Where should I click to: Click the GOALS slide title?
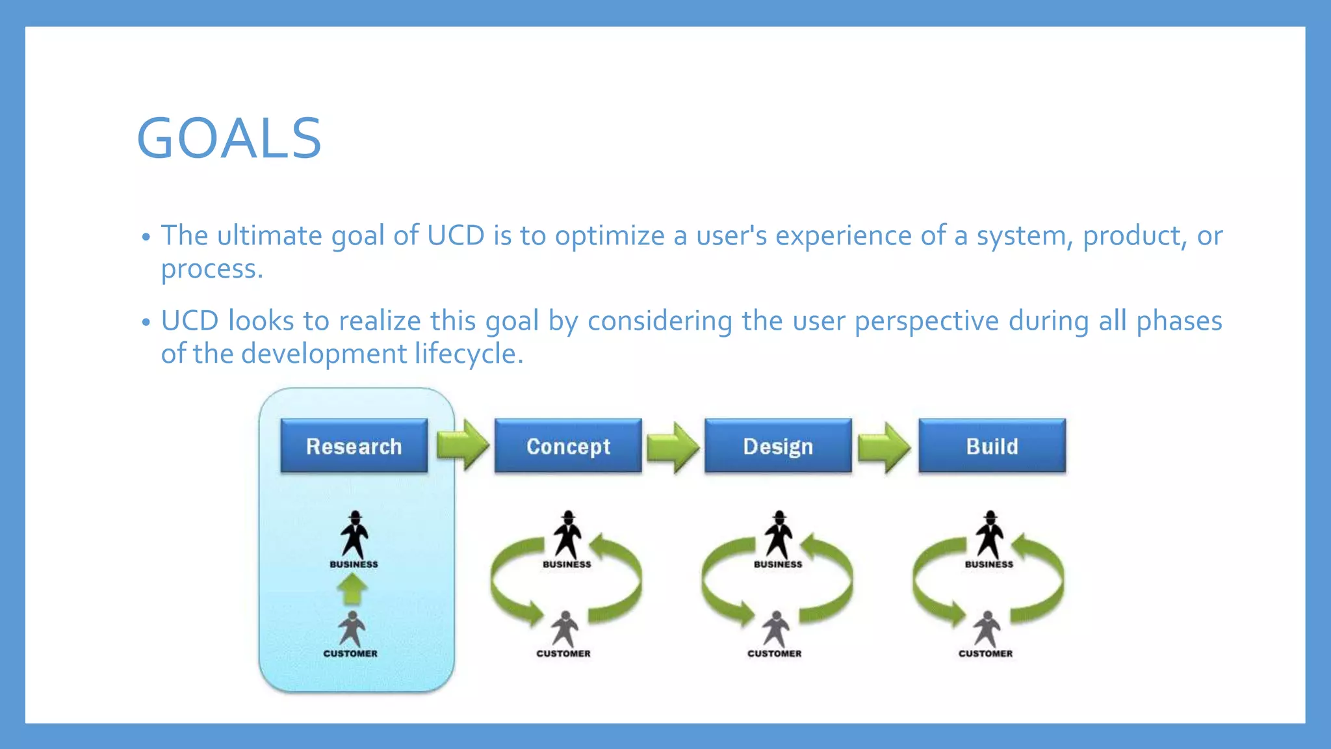[x=229, y=138]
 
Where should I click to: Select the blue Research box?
[x=354, y=446]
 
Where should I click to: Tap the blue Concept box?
[x=568, y=446]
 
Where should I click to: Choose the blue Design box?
[x=778, y=446]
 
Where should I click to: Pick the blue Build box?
[x=992, y=446]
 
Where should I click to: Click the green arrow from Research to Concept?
[x=463, y=445]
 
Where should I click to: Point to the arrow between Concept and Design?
[x=673, y=447]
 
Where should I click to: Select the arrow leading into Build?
[x=885, y=447]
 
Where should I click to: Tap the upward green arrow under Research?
[x=352, y=589]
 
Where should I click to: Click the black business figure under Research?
[x=354, y=534]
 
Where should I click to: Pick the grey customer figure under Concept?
[x=564, y=629]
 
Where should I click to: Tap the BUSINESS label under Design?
[x=778, y=564]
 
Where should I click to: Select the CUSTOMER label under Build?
[x=985, y=653]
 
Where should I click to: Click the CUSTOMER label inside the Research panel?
[x=350, y=653]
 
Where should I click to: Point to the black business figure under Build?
[x=990, y=534]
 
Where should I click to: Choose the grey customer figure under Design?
[x=775, y=629]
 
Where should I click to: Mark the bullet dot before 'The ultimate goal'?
[x=146, y=237]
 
